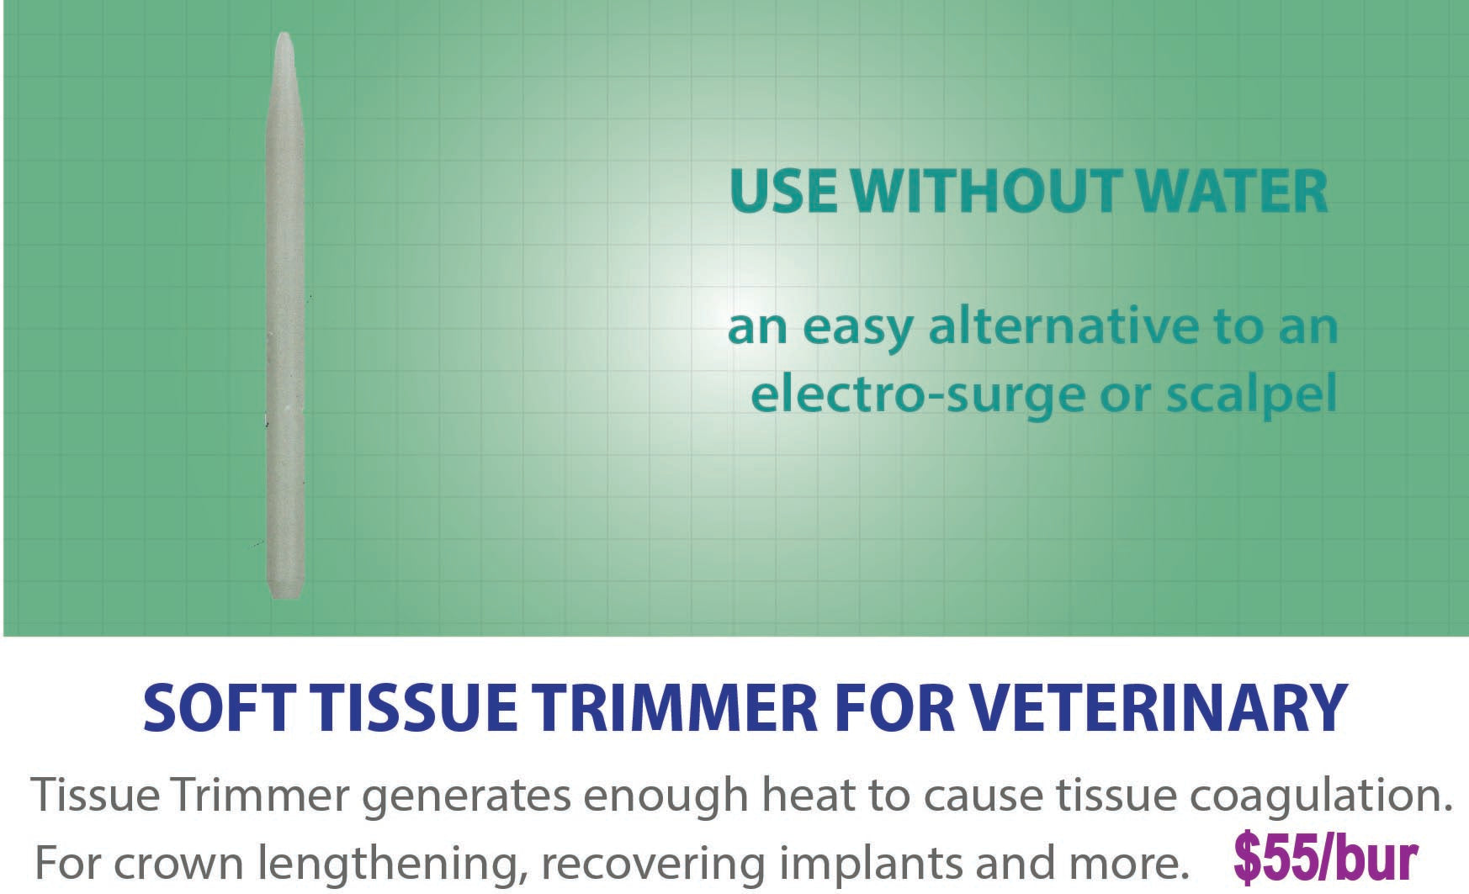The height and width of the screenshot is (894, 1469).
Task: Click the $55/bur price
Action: tap(1326, 859)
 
